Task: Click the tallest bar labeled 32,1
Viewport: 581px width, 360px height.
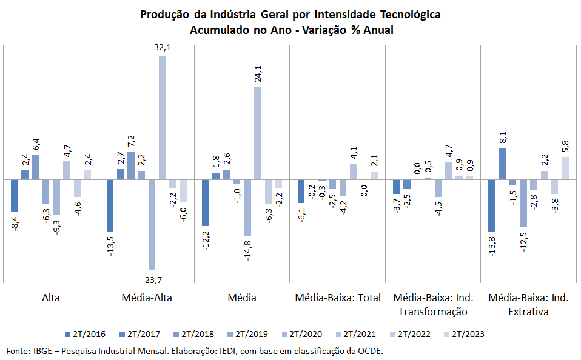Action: click(x=163, y=118)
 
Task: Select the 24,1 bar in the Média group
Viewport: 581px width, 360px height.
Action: click(x=258, y=133)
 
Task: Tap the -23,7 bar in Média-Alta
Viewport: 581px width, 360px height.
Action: click(x=152, y=225)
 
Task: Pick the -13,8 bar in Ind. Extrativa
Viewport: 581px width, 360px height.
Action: click(x=492, y=205)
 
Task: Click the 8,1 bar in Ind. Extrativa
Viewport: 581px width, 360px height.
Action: click(x=502, y=164)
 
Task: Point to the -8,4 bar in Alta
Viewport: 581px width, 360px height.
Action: click(x=15, y=196)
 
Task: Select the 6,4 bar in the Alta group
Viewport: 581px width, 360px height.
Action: click(x=36, y=167)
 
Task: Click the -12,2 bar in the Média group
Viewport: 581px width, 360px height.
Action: click(x=205, y=202)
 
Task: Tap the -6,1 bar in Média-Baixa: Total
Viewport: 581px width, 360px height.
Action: click(x=301, y=191)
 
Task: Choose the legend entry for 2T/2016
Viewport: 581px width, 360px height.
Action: click(x=86, y=334)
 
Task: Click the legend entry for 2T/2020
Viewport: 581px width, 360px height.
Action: click(x=302, y=334)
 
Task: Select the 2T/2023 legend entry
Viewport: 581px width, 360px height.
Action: click(x=465, y=334)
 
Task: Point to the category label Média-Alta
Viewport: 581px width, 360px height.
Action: click(x=147, y=298)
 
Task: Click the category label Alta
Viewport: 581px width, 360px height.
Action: click(x=51, y=298)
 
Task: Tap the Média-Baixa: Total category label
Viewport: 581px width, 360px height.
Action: click(x=338, y=298)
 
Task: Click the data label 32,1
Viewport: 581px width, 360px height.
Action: click(x=163, y=47)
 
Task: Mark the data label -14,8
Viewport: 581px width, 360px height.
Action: click(x=247, y=251)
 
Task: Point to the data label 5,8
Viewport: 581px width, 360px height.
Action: click(x=565, y=146)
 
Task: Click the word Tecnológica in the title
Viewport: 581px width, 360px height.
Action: click(x=410, y=15)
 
